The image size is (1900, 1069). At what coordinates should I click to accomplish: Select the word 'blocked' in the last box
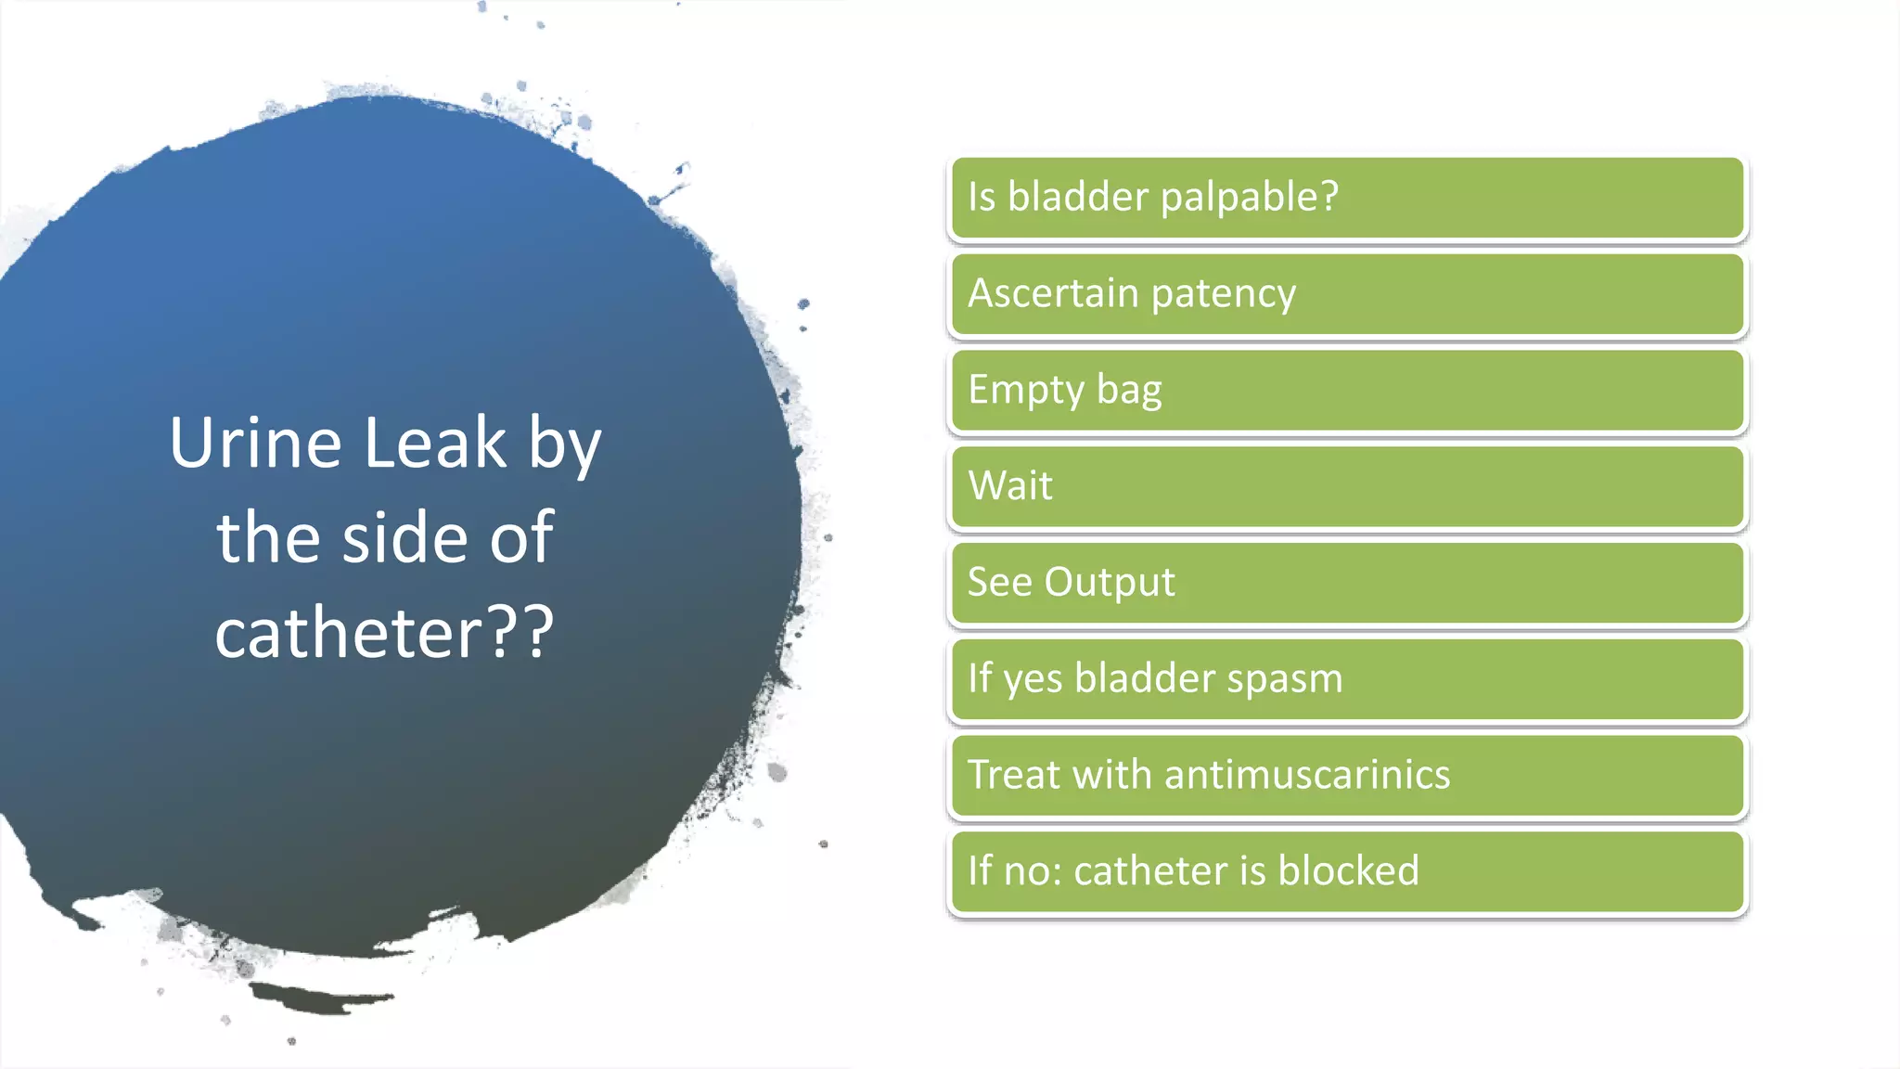click(1347, 871)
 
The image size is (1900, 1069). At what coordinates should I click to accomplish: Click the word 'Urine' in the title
click(255, 443)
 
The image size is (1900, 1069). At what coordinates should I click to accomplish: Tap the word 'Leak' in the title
click(435, 443)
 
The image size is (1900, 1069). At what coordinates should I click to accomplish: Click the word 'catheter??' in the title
click(384, 633)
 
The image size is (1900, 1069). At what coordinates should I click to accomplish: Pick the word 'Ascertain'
click(1053, 294)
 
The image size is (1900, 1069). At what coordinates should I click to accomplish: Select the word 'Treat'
click(1013, 775)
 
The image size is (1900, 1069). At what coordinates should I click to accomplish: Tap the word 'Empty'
click(1025, 391)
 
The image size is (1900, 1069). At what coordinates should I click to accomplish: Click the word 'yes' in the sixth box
click(1033, 678)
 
